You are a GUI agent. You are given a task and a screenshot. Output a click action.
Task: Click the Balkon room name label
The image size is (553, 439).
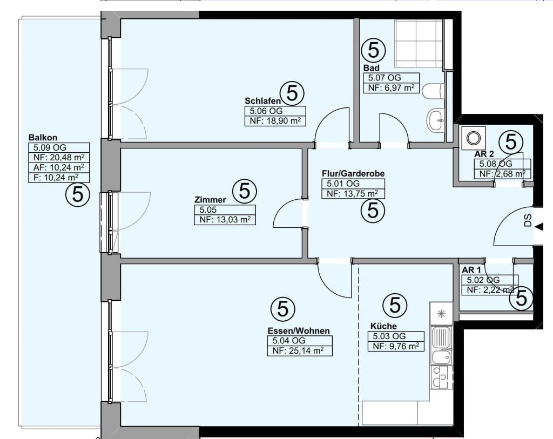click(43, 138)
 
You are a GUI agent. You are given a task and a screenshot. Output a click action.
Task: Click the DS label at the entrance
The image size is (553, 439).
click(528, 220)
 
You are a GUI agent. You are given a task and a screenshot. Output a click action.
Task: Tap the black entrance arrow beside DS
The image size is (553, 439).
click(538, 227)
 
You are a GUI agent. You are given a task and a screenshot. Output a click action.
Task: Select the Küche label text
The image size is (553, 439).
click(383, 326)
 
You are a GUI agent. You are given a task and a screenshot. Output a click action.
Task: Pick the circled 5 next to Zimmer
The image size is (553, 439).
click(245, 191)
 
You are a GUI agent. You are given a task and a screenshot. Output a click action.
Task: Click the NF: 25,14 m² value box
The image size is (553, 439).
click(300, 351)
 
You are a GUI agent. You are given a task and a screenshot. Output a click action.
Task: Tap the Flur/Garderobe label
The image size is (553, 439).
click(353, 173)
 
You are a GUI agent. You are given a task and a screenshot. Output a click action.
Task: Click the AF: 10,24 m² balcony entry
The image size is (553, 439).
click(58, 167)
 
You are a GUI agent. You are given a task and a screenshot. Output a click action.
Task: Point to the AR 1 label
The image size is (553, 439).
click(471, 270)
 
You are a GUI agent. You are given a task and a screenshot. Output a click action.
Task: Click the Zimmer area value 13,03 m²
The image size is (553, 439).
click(225, 220)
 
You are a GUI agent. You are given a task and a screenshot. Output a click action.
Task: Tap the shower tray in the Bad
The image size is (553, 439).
click(419, 43)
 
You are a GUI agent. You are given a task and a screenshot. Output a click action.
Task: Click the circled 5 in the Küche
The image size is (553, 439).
click(395, 305)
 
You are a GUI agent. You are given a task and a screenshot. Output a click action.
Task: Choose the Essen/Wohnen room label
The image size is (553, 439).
click(299, 331)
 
